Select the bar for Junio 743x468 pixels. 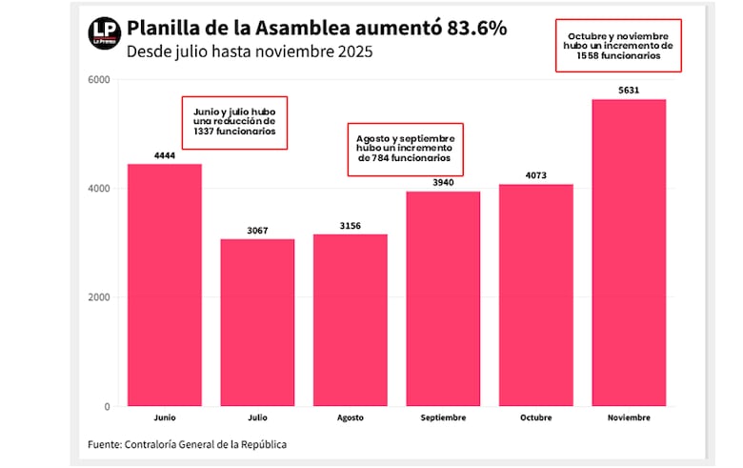(x=165, y=285)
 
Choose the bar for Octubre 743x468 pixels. (x=535, y=295)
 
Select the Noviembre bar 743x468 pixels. (x=629, y=253)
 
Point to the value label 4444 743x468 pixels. (x=165, y=155)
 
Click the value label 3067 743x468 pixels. (x=257, y=231)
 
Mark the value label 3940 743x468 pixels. (x=443, y=183)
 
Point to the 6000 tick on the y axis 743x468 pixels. (x=99, y=80)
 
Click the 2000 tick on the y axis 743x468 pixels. (x=99, y=297)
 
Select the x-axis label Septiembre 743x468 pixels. (x=443, y=418)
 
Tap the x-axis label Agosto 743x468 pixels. (x=350, y=418)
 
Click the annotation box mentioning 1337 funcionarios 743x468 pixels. (x=234, y=122)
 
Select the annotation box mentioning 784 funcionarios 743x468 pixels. (x=403, y=149)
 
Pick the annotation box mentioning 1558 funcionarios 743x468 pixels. (x=618, y=45)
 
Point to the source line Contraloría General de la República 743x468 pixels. (x=187, y=444)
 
